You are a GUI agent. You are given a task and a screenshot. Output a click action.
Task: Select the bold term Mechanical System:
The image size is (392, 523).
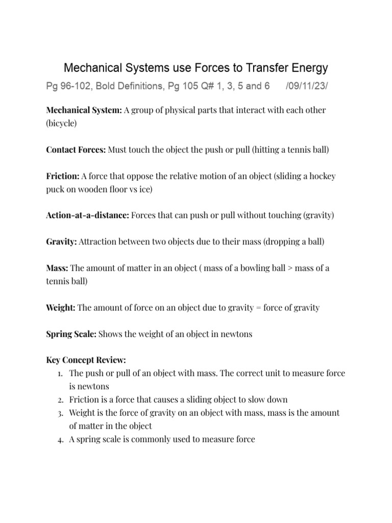[84, 110]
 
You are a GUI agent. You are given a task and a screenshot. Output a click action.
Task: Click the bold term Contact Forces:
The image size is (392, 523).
[76, 150]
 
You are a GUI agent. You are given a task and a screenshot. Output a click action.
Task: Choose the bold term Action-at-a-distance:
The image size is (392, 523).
[87, 215]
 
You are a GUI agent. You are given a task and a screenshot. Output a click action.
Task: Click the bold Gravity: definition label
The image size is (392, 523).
[61, 241]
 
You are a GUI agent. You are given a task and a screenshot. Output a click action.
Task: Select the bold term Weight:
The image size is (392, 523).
[61, 307]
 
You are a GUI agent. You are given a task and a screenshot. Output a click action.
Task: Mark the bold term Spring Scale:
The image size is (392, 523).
[71, 334]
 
